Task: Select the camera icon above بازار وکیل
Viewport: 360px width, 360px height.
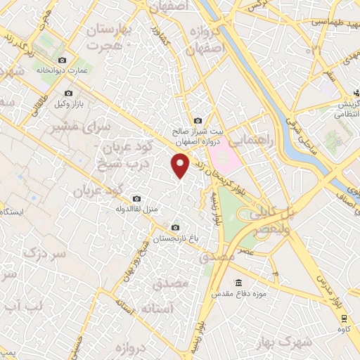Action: click(68, 93)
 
